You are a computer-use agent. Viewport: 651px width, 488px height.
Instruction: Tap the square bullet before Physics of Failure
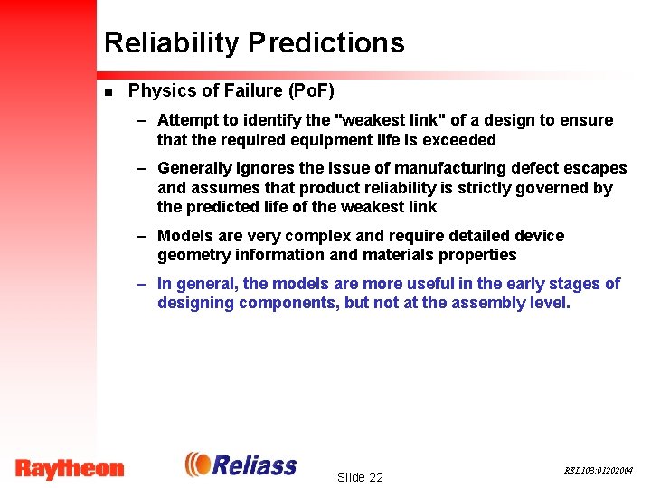coord(108,91)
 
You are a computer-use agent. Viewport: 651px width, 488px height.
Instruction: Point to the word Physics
coord(160,90)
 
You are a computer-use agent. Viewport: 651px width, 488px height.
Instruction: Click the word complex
coord(322,236)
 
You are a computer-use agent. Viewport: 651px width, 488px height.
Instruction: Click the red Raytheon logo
coord(70,468)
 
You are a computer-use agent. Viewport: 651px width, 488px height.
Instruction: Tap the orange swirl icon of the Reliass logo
coord(198,465)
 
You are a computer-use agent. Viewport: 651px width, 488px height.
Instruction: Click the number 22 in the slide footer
coord(375,477)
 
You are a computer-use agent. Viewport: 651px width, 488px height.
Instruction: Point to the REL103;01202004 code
coord(599,471)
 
